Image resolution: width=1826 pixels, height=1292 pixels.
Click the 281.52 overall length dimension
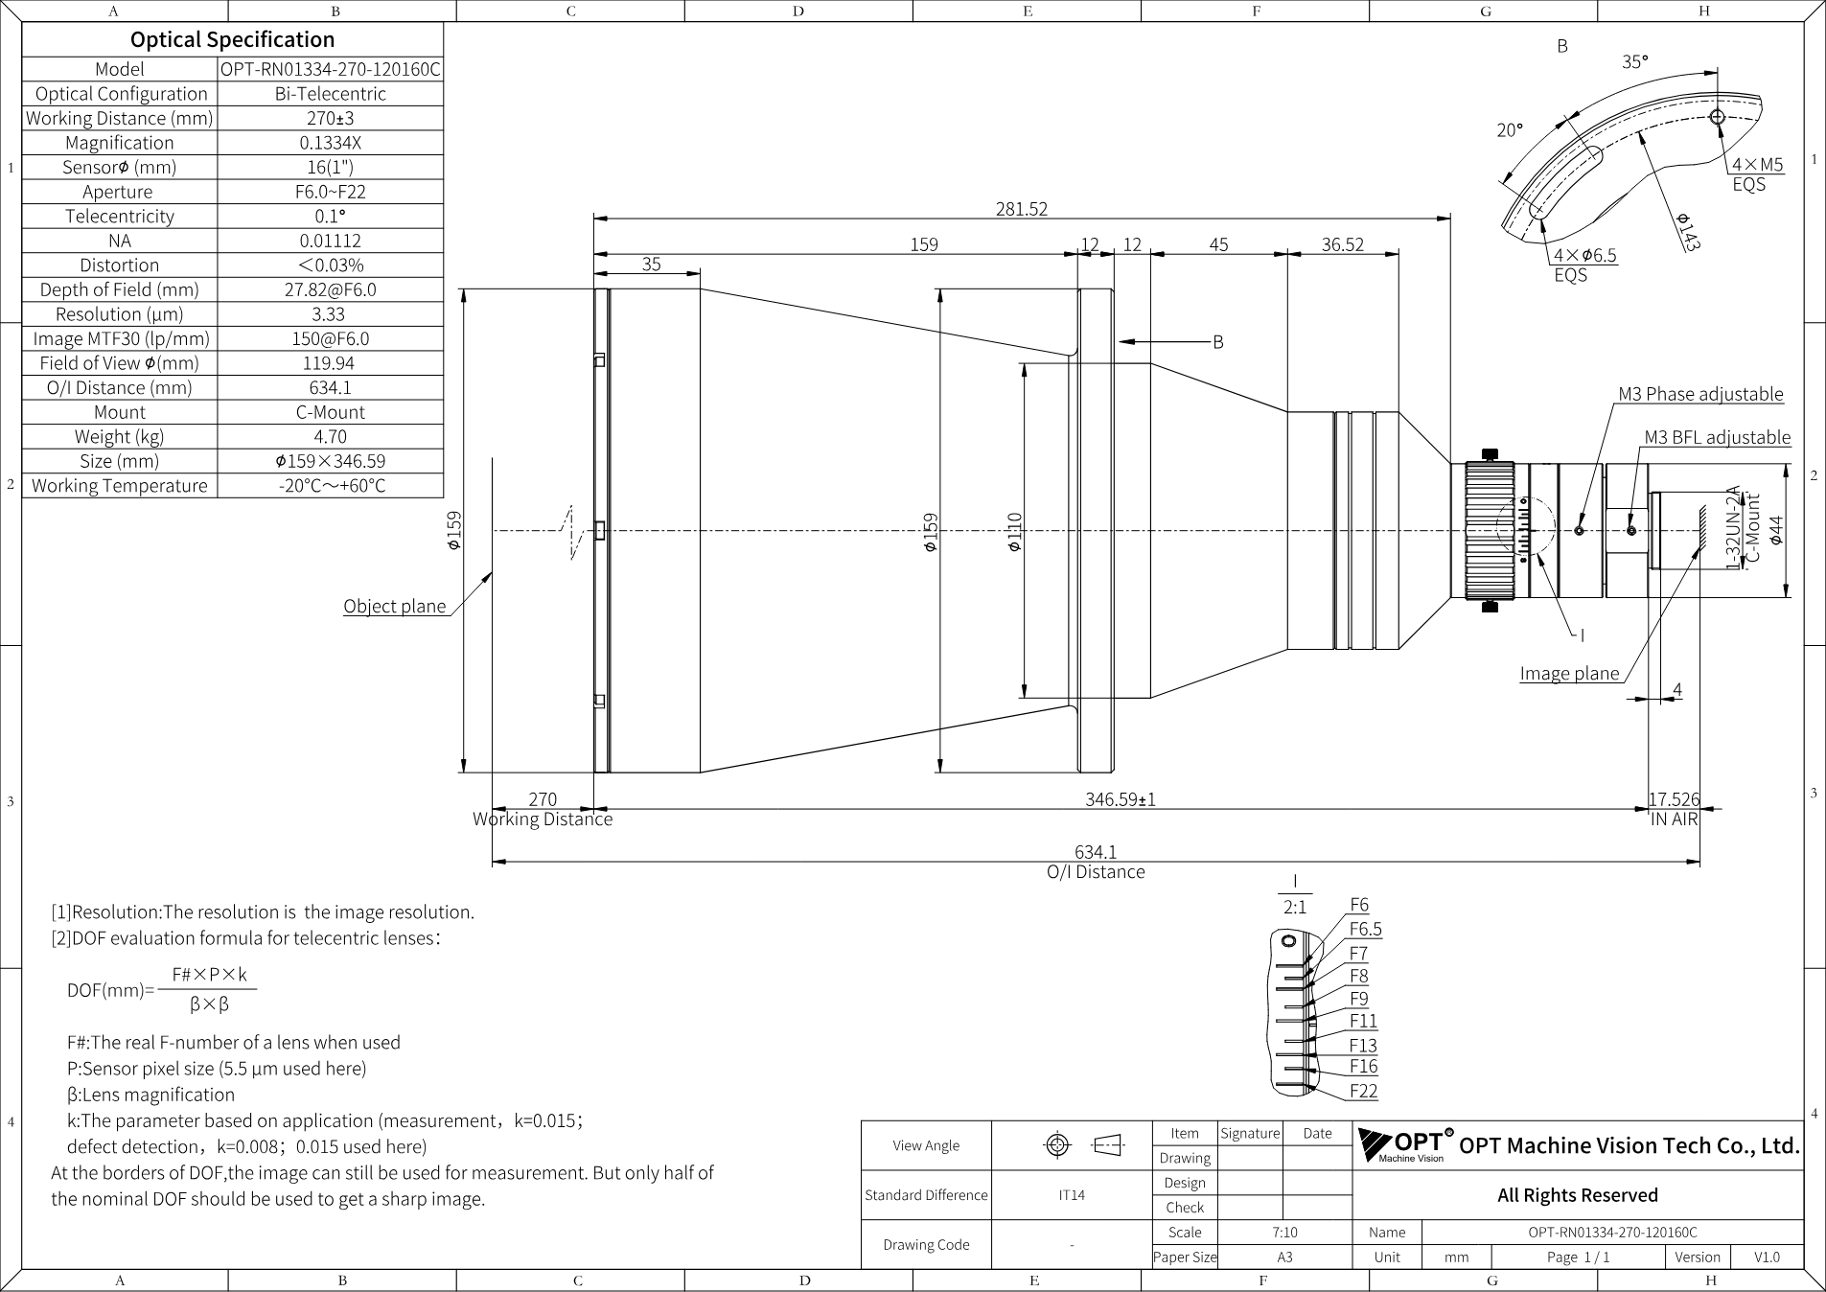pos(1022,209)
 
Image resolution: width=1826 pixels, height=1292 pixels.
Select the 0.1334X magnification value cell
pos(331,143)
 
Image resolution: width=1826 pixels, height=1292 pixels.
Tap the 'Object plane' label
pos(395,606)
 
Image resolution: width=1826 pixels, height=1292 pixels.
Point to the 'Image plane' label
pos(1569,673)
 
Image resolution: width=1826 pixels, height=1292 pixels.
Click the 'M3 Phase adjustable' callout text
pos(1700,394)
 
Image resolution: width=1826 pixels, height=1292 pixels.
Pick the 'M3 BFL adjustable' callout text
pos(1717,437)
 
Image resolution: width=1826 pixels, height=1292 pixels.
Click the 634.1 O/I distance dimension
pos(1096,851)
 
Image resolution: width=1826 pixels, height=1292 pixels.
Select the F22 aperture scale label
pos(1363,1091)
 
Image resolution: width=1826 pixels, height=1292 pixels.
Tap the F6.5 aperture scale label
pos(1365,929)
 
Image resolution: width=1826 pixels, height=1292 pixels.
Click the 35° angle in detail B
pos(1634,61)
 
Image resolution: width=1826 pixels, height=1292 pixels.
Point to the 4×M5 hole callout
pos(1758,164)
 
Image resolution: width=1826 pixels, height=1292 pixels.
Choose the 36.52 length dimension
pos(1342,244)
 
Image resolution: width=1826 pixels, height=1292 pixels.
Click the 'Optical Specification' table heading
pos(233,39)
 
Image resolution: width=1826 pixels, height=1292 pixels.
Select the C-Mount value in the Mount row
pos(331,412)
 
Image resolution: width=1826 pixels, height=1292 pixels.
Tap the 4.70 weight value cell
pos(331,437)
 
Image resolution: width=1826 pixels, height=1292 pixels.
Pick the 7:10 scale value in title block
pos(1284,1232)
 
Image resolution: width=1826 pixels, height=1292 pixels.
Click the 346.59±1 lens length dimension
pos(1120,798)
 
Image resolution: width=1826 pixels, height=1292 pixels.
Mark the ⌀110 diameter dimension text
pos(1014,531)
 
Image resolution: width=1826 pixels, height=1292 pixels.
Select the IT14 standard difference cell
pos(1072,1195)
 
